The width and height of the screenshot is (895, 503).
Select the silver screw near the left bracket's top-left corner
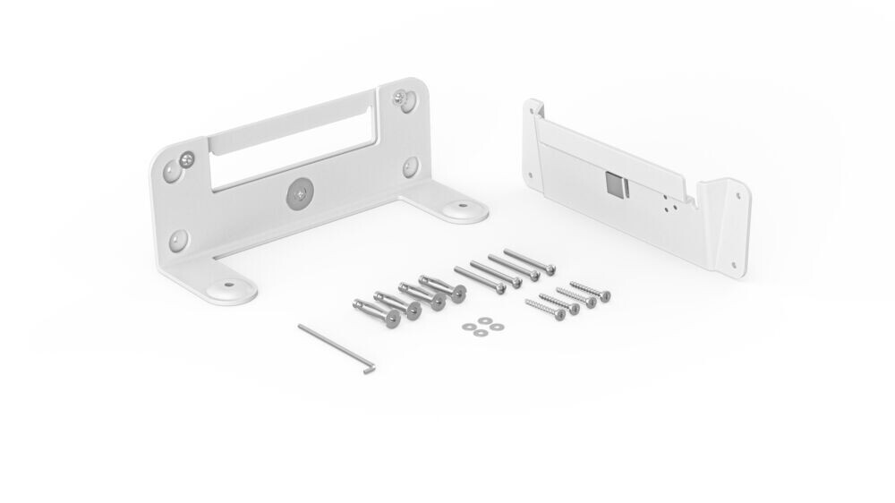click(x=186, y=160)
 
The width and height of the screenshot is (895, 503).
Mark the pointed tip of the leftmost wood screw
click(x=527, y=303)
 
